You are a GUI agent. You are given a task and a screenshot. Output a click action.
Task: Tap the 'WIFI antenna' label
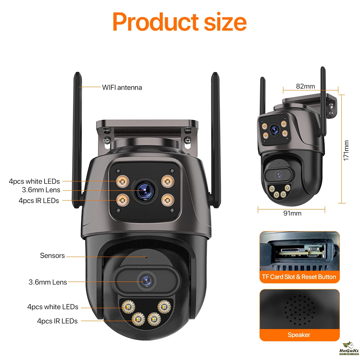[x=122, y=87]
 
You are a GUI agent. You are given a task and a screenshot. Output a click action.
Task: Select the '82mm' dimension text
[x=305, y=86]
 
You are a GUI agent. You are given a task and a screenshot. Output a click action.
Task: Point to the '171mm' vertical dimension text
[x=346, y=150]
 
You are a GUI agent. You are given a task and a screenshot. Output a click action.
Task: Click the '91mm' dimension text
[x=292, y=213]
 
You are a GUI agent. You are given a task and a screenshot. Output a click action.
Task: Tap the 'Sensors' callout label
[x=52, y=256]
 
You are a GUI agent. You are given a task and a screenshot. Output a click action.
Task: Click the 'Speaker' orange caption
[x=299, y=335]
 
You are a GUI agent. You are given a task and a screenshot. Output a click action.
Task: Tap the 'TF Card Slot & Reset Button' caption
[x=299, y=277]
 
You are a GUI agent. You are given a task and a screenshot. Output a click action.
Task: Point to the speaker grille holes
[x=300, y=310]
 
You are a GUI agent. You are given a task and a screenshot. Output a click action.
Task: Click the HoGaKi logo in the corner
[x=349, y=348]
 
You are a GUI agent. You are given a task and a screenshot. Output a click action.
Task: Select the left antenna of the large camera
[x=78, y=140]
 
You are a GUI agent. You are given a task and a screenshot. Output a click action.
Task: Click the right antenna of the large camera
[x=215, y=140]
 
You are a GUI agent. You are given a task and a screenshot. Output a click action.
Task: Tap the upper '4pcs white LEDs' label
[x=35, y=181]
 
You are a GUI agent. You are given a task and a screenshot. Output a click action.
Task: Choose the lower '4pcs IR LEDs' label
[x=57, y=321]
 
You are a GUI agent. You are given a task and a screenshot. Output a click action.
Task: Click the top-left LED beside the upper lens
[x=122, y=181]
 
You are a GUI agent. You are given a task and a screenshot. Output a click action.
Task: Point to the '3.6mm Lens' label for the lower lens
[x=48, y=282]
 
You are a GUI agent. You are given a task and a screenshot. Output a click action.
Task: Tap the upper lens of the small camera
[x=274, y=130]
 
